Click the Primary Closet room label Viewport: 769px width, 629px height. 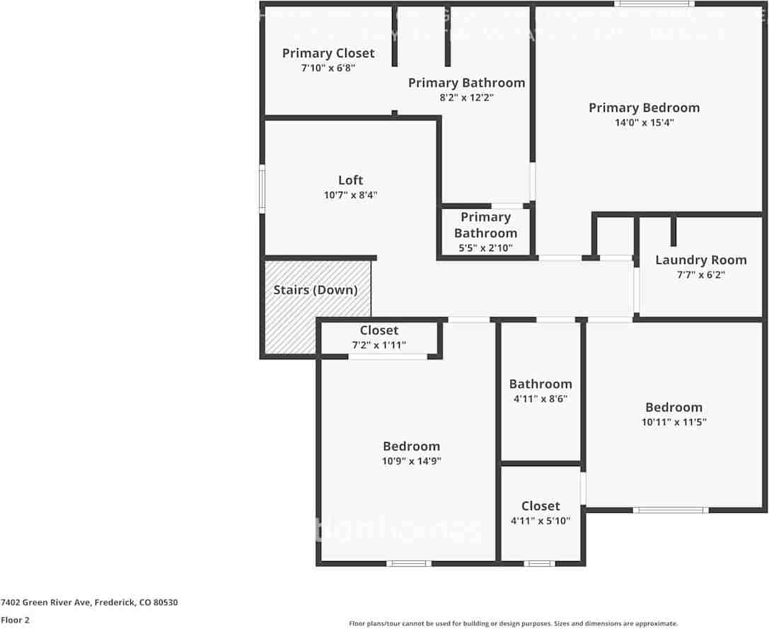tap(328, 53)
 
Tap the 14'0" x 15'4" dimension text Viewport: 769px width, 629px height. tap(644, 122)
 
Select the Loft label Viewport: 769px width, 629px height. tap(350, 180)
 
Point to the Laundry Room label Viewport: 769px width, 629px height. tap(700, 260)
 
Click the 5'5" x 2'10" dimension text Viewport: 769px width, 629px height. tap(485, 248)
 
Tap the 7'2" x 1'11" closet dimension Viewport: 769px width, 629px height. tap(379, 345)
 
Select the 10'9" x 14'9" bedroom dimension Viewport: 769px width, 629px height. tap(411, 461)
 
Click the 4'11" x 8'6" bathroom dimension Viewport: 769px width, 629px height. tap(540, 399)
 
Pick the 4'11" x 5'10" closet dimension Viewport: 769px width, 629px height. tap(540, 521)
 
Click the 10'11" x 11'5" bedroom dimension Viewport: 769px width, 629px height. tap(673, 422)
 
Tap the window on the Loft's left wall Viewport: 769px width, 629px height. tap(262, 189)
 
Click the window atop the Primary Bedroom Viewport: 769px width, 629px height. tap(654, 4)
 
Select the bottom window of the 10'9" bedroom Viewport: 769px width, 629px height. tap(409, 563)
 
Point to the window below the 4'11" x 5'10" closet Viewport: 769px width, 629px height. tap(539, 563)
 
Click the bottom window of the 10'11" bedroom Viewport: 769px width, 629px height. tap(670, 509)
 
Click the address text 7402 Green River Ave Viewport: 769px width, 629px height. tap(89, 603)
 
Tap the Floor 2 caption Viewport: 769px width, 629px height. tap(15, 620)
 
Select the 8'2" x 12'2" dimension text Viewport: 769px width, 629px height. tap(466, 98)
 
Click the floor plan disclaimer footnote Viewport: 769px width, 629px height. tap(513, 623)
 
